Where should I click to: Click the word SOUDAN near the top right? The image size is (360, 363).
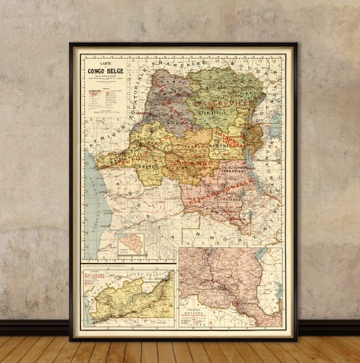(x=243, y=65)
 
